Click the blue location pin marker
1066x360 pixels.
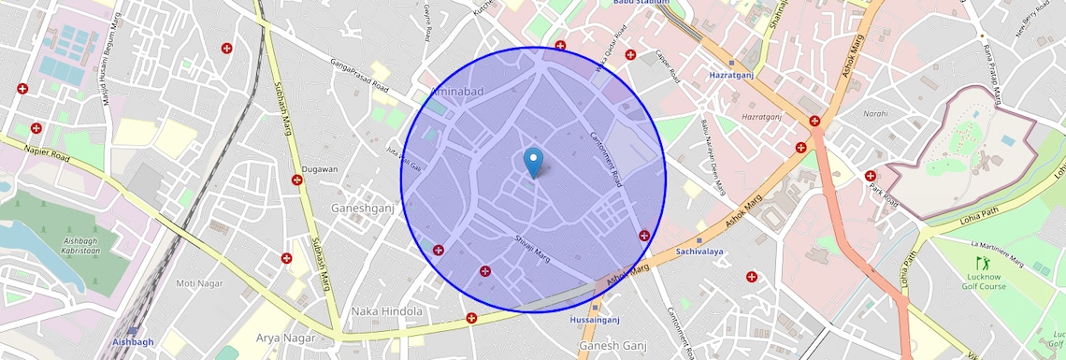point(533,162)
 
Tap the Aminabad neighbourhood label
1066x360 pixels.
point(457,91)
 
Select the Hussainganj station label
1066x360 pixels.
point(595,320)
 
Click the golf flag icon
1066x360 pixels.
point(981,264)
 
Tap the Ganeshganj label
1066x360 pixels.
point(363,208)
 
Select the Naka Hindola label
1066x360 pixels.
point(386,310)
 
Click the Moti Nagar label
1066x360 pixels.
point(199,282)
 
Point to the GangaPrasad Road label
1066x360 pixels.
point(358,74)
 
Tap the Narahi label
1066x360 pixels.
point(875,113)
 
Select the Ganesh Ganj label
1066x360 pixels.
point(612,346)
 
